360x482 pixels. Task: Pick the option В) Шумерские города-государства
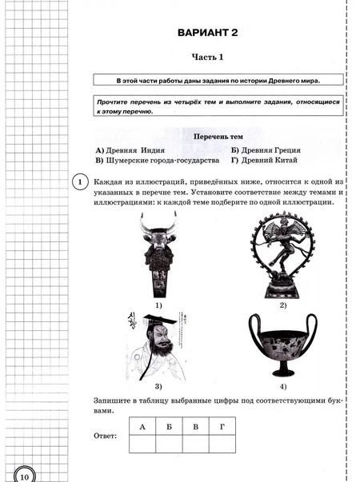157,160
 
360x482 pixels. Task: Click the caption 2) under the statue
282,305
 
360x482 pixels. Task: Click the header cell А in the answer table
142,427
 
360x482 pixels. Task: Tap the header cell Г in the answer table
221,427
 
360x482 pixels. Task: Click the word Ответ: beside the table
105,436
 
